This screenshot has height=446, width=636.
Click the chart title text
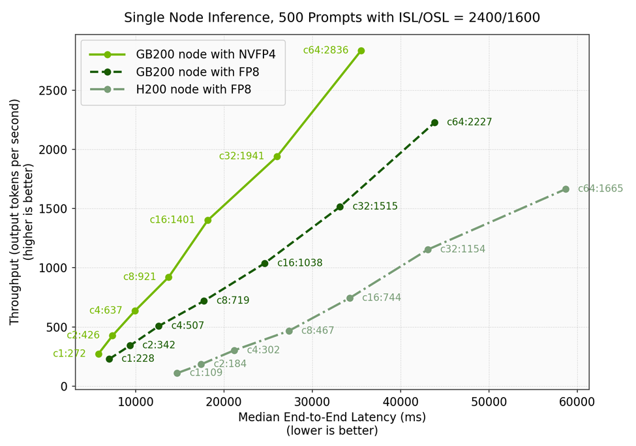332,18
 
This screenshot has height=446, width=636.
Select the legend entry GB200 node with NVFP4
205,54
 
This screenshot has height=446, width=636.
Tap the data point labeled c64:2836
361,51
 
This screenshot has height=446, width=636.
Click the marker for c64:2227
434,123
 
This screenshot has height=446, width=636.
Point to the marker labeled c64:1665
566,189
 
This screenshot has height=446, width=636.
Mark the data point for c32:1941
277,157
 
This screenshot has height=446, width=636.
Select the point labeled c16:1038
265,263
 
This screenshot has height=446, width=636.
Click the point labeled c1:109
177,373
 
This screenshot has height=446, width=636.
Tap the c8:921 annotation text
140,277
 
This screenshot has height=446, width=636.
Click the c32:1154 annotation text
462,249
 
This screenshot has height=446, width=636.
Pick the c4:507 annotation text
188,326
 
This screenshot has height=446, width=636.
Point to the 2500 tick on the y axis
55,91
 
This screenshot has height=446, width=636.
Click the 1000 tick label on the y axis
55,268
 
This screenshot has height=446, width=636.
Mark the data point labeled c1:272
99,354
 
